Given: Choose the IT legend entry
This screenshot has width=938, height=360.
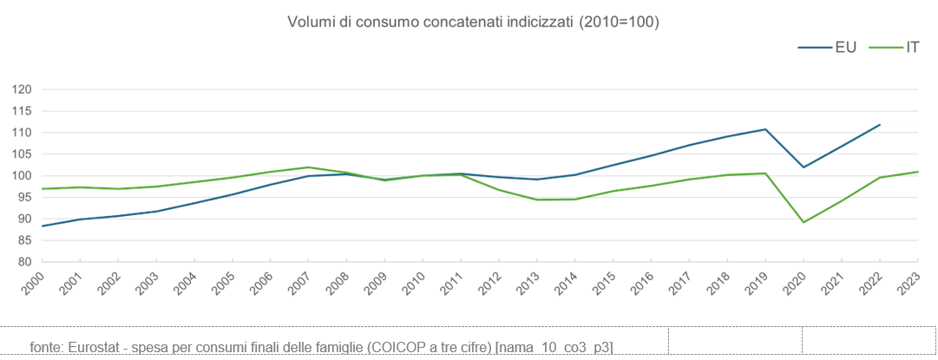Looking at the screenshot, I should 912,48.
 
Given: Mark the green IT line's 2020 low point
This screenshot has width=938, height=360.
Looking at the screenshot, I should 804,222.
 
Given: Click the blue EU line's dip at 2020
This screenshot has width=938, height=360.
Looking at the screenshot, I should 804,167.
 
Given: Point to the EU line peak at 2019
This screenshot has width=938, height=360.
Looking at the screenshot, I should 765,129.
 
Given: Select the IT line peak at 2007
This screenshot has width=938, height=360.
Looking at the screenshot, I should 308,167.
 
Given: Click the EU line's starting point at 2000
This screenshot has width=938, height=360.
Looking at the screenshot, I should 42,226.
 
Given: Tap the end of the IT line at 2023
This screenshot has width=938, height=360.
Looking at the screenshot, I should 918,172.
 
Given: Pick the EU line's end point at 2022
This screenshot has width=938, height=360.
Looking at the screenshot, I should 880,125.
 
